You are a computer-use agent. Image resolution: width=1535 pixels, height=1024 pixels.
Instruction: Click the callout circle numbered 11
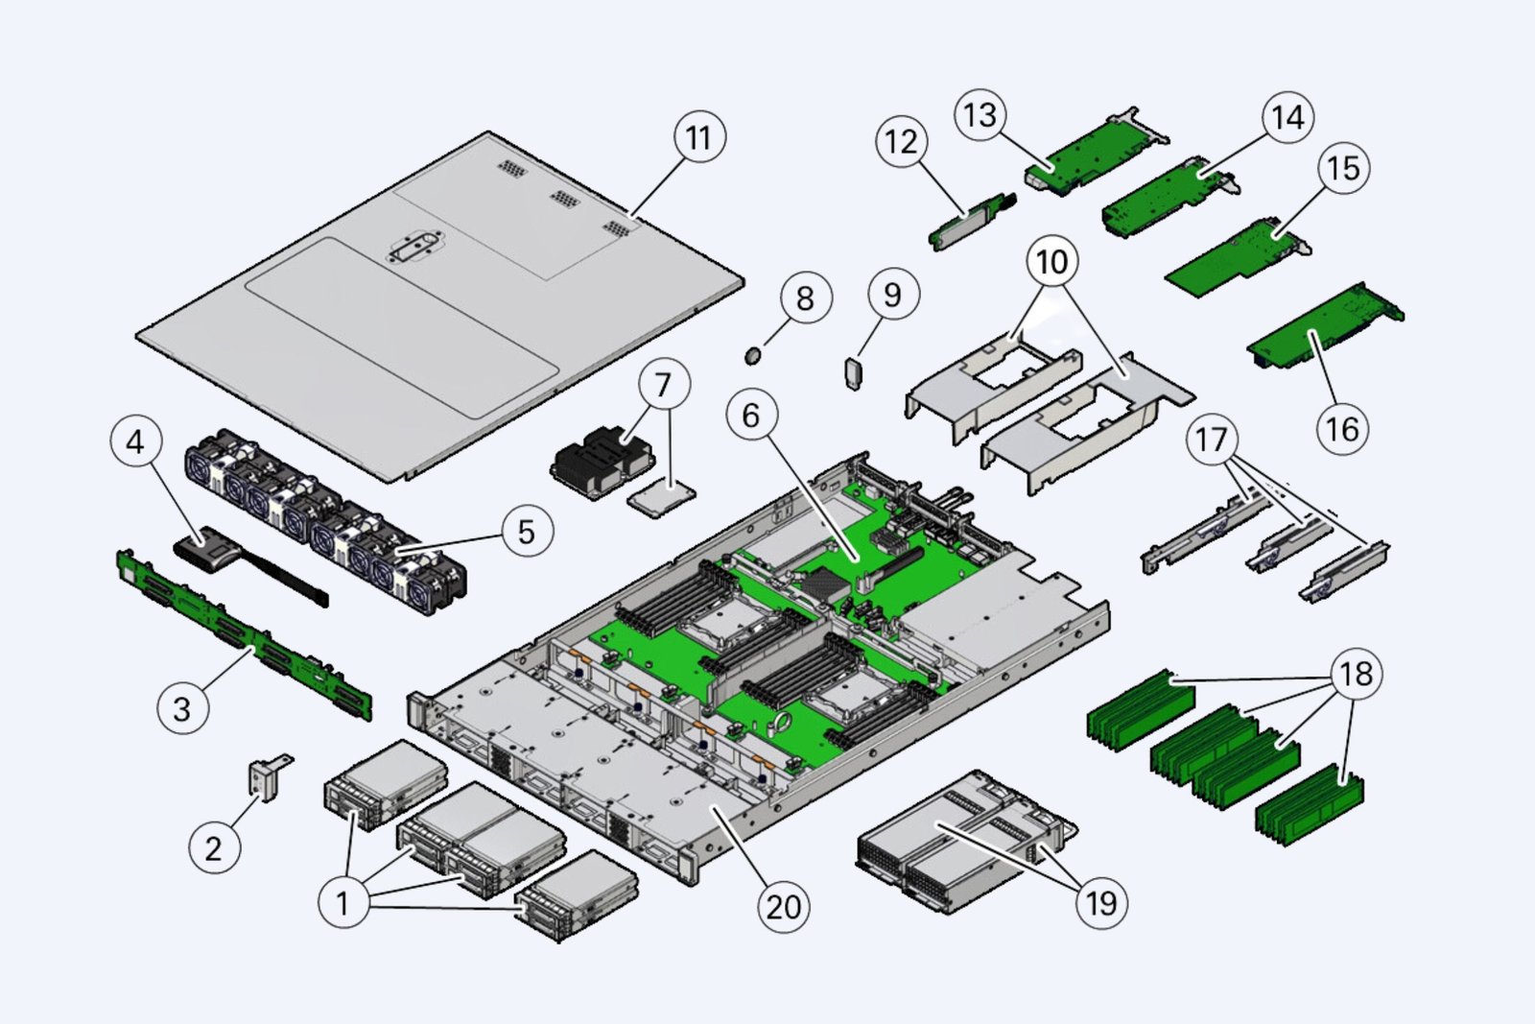coord(698,138)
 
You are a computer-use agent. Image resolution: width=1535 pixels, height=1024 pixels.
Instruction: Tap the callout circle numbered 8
coord(804,298)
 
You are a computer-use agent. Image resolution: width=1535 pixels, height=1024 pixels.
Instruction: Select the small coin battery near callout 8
coord(755,356)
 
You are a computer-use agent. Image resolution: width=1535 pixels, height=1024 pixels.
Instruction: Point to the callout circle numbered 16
coord(1341,428)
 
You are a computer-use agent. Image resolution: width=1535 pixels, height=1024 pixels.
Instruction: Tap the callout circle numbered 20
coord(783,906)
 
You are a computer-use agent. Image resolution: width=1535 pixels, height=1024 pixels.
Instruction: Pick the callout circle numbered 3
coord(181,709)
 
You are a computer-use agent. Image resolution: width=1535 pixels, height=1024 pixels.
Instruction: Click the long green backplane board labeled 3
coord(245,633)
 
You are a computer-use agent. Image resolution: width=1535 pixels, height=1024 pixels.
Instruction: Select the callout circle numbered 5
coord(526,532)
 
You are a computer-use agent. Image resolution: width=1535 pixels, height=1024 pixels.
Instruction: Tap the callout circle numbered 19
coord(1100,902)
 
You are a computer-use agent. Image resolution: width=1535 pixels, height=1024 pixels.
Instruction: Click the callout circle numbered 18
coord(1355,675)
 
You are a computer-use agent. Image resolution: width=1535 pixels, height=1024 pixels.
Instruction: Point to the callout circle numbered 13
coord(980,115)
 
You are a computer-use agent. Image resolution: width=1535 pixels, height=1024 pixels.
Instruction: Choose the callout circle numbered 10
coord(1051,261)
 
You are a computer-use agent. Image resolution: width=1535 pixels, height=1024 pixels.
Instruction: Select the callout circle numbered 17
coord(1211,440)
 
